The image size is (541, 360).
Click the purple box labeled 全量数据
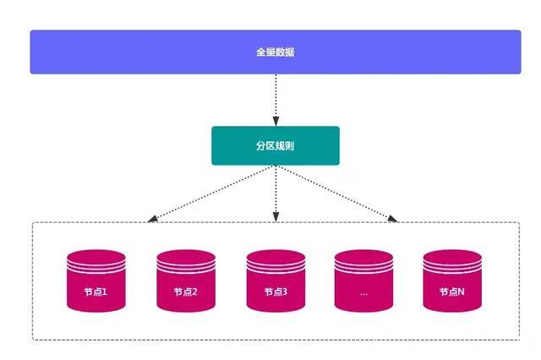pyautogui.click(x=276, y=52)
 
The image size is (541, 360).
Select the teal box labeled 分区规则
pyautogui.click(x=276, y=145)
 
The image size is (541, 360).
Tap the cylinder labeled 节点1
pyautogui.click(x=96, y=281)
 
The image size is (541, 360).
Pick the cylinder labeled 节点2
pyautogui.click(x=186, y=281)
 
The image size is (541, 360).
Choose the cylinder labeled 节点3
pyautogui.click(x=276, y=281)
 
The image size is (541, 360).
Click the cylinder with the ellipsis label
pyautogui.click(x=363, y=281)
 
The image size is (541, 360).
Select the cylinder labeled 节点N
pyautogui.click(x=452, y=281)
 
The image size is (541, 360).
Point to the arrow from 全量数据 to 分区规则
pyautogui.click(x=276, y=97)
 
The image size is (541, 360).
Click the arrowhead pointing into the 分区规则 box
pyautogui.click(x=276, y=122)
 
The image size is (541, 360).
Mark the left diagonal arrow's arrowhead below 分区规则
pyautogui.click(x=152, y=219)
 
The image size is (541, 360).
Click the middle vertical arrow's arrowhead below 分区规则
pyautogui.click(x=276, y=218)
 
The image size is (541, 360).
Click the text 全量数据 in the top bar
pyautogui.click(x=276, y=52)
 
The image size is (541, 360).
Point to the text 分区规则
pyautogui.click(x=276, y=145)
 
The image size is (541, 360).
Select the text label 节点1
pyautogui.click(x=96, y=292)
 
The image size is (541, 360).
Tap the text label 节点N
pyautogui.click(x=452, y=292)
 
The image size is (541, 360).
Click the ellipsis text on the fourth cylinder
pyautogui.click(x=363, y=292)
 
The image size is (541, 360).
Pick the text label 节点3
pyautogui.click(x=276, y=292)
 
